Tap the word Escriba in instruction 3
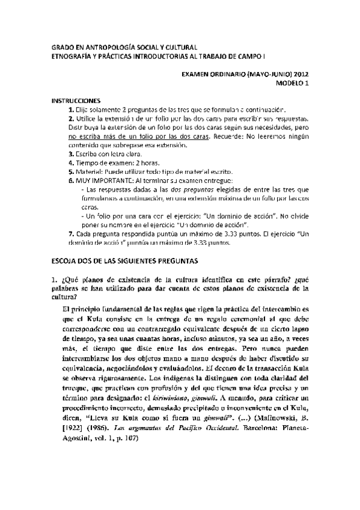pos(88,154)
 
